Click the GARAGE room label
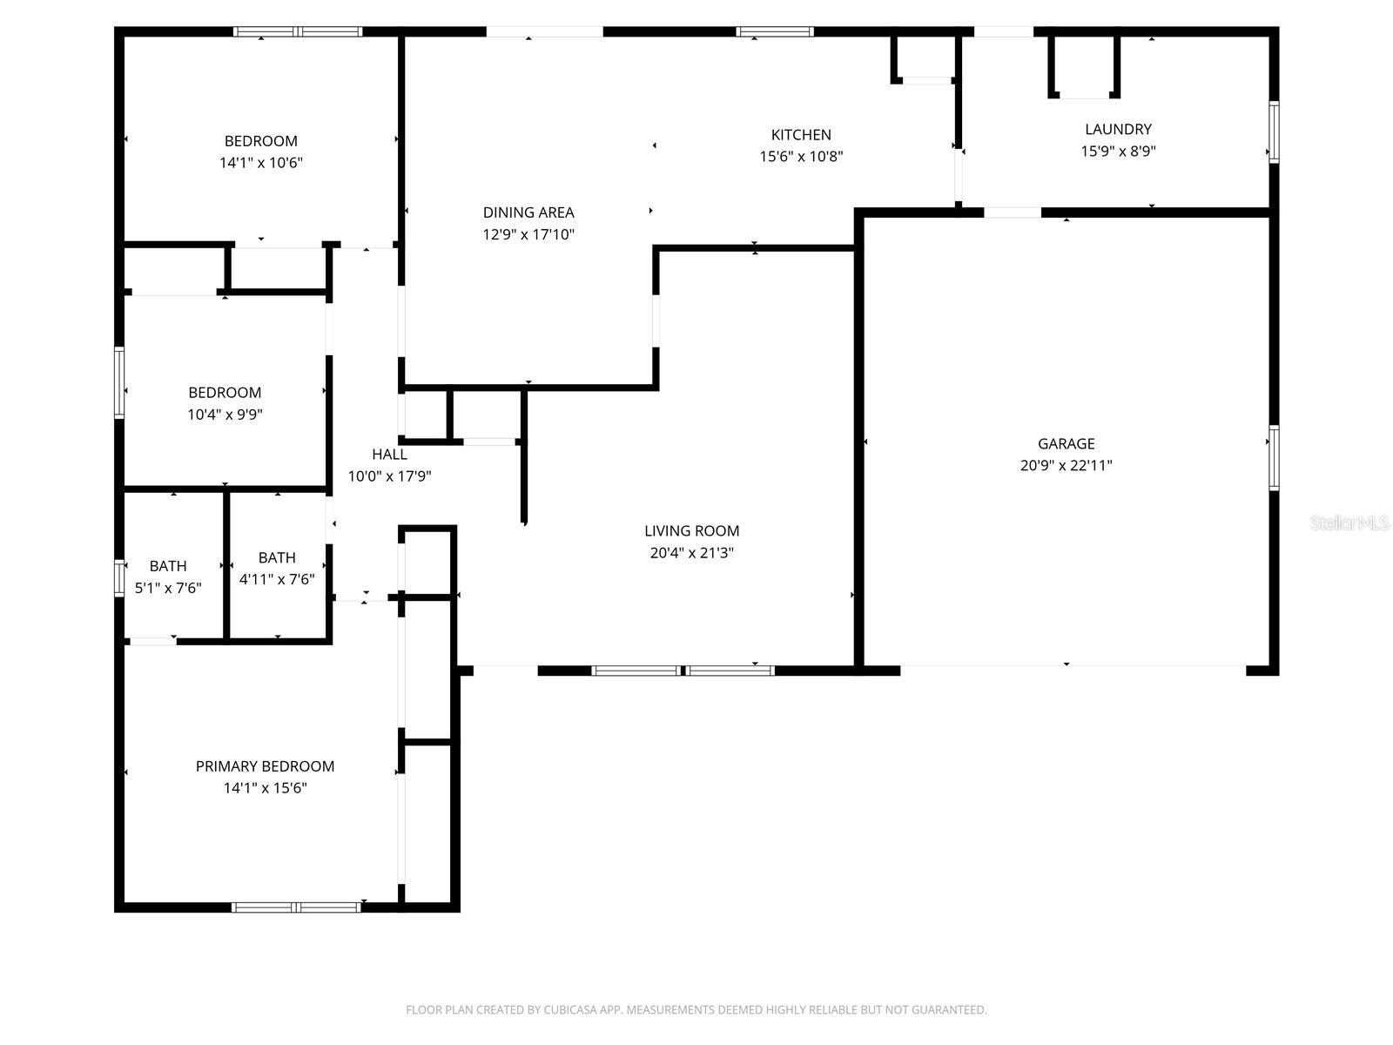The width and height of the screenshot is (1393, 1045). tap(1066, 443)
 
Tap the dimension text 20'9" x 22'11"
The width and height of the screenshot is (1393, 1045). tap(1066, 465)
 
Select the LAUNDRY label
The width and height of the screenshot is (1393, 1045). tap(1118, 129)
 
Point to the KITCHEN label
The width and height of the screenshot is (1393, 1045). tap(801, 134)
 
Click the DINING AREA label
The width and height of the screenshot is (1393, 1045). tap(528, 212)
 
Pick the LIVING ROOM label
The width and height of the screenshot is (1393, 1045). tap(691, 530)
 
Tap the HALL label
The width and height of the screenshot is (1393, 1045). tap(389, 454)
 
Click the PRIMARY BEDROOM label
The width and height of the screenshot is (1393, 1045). tap(265, 766)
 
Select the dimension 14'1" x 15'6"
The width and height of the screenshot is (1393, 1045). tap(265, 788)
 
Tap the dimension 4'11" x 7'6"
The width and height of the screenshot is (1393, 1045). tap(277, 579)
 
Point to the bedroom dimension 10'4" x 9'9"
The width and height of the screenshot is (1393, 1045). tap(225, 415)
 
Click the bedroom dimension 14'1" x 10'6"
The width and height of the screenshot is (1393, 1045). tap(260, 163)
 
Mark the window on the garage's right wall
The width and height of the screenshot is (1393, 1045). tap(1274, 458)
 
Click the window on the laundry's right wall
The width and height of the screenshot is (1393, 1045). tap(1274, 132)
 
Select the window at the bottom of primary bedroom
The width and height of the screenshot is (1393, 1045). tap(296, 907)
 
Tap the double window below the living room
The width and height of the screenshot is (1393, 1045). tap(683, 671)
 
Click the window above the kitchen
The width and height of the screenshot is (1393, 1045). tap(775, 32)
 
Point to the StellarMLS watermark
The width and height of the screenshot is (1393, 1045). tap(1349, 522)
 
